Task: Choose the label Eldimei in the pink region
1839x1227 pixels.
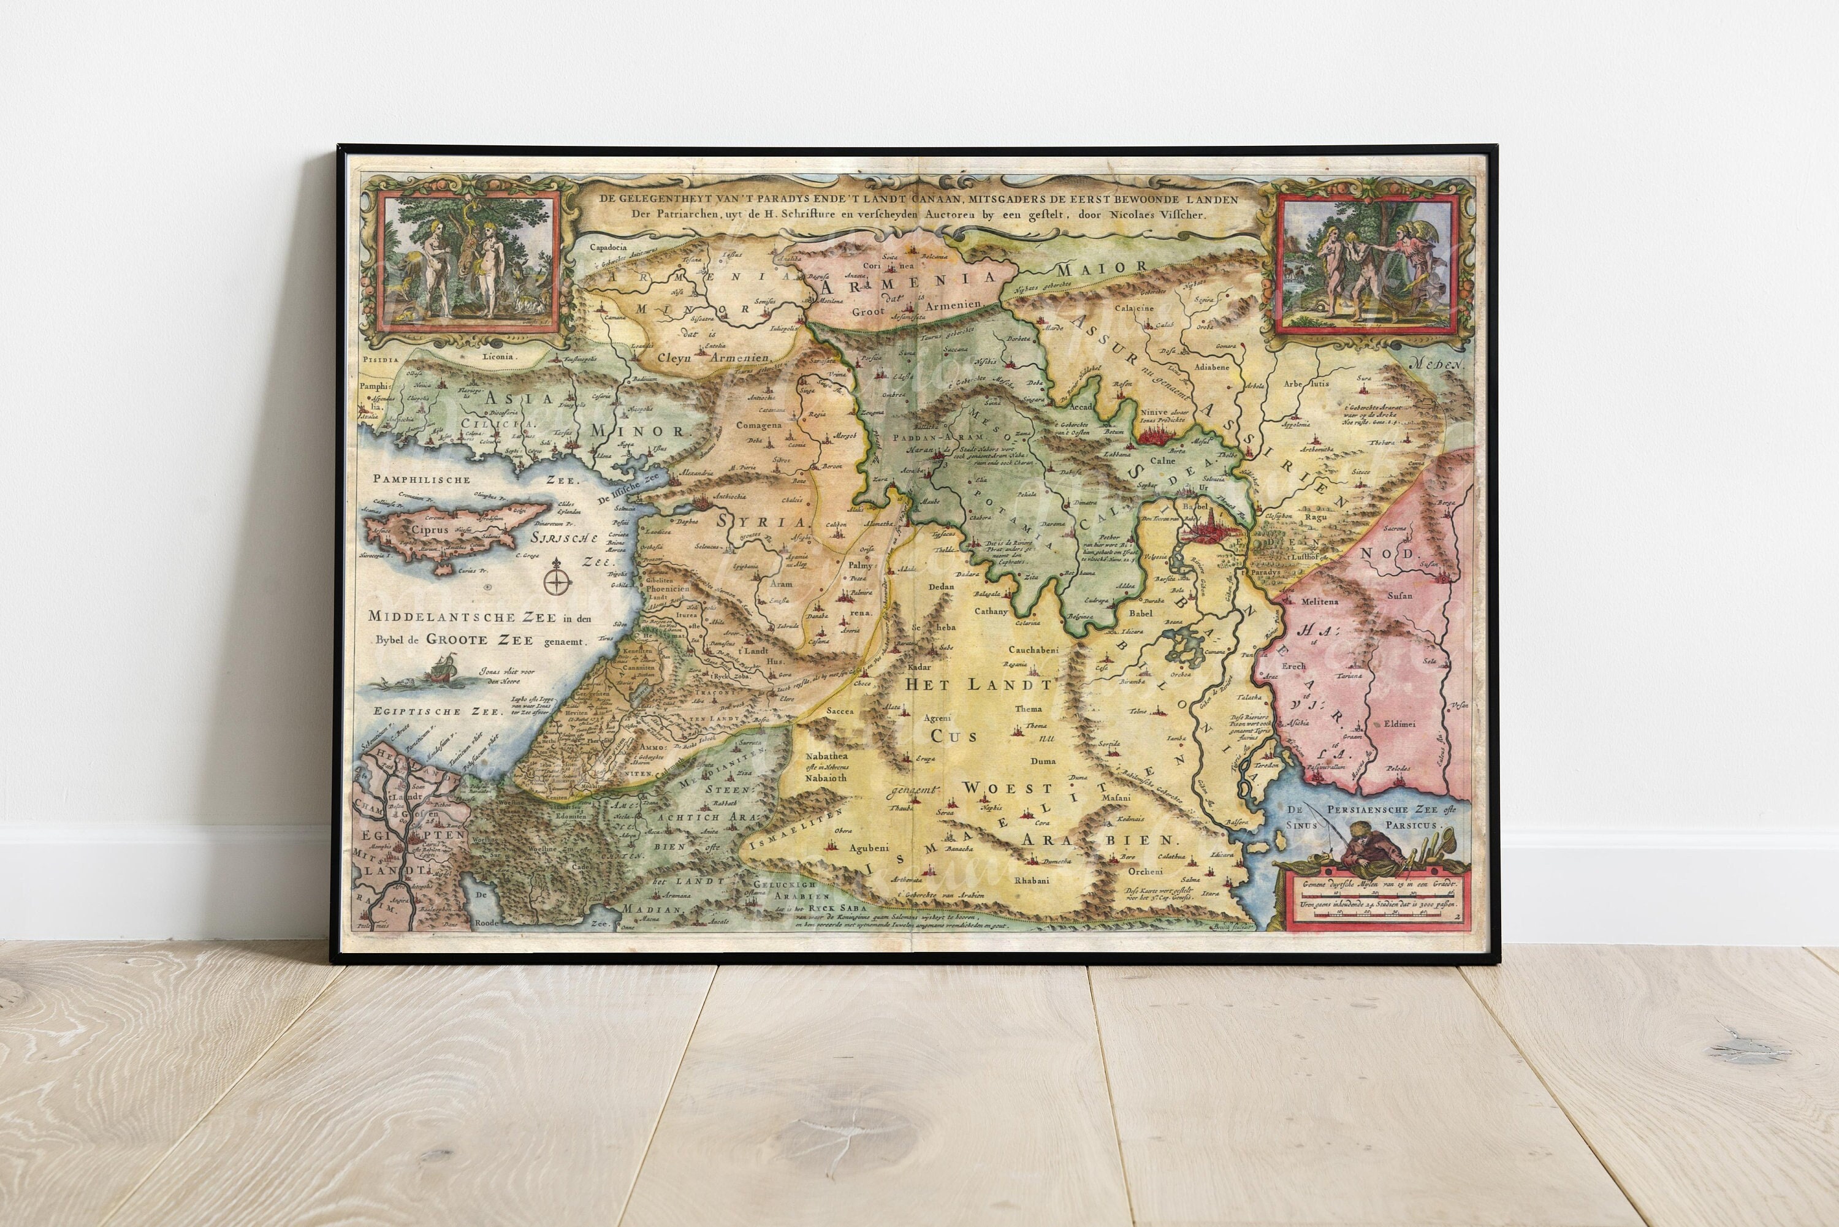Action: (1399, 724)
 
